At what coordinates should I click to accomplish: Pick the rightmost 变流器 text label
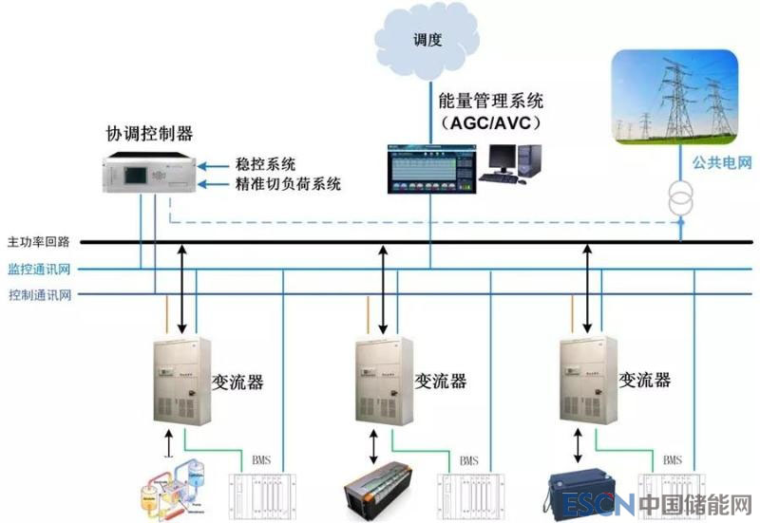[645, 380]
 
